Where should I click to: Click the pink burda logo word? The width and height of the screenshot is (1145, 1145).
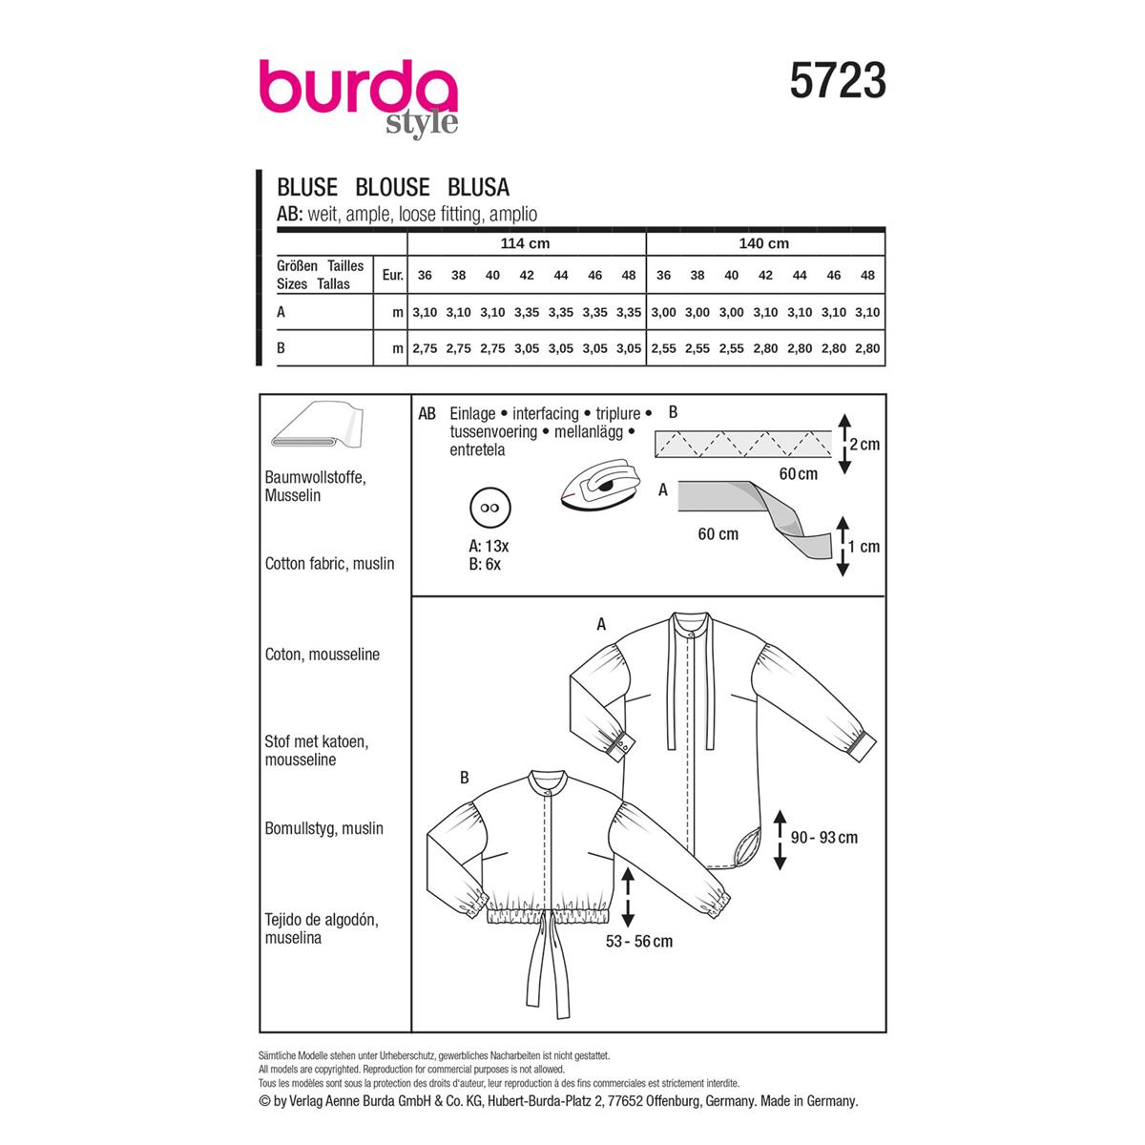point(359,88)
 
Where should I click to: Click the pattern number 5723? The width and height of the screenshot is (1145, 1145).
point(837,81)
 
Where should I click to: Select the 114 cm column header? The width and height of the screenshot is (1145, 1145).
point(525,243)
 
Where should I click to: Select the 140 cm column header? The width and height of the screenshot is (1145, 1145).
point(763,243)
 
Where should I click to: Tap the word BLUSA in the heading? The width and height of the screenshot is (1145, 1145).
point(478,187)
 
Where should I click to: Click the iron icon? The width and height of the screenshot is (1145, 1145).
point(600,483)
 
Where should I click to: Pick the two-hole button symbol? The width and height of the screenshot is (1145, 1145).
point(490,508)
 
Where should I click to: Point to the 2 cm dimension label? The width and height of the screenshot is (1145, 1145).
point(864,445)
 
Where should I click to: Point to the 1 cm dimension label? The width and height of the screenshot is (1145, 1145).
point(864,546)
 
